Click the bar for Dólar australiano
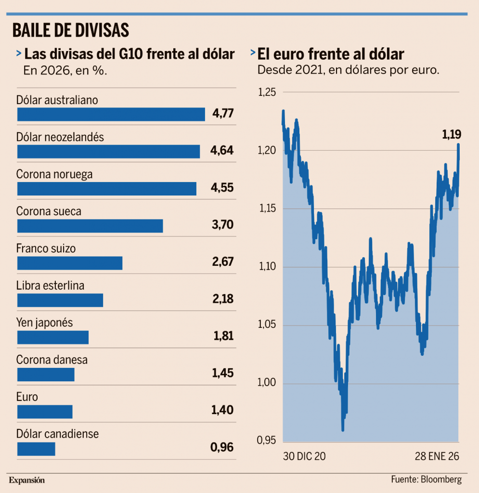111,114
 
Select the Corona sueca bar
90,226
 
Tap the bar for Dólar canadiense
36,449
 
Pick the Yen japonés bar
53,337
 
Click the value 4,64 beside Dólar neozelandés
222,151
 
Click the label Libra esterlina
50,285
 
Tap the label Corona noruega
54,174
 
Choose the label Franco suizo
46,248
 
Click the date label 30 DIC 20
305,456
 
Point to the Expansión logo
26,480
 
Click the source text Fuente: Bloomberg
426,480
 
